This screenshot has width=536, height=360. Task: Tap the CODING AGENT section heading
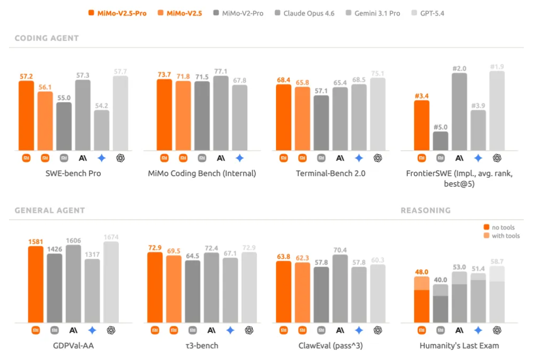point(46,38)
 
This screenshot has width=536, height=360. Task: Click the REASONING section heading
point(426,210)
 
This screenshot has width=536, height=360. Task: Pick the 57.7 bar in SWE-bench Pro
point(120,113)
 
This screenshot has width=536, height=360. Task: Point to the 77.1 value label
point(221,71)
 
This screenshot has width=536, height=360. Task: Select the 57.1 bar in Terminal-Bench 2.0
point(321,122)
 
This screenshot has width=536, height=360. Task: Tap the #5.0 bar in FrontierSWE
point(441,141)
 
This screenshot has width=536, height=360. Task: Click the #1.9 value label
point(497,67)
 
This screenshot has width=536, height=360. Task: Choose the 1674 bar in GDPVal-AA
point(111,282)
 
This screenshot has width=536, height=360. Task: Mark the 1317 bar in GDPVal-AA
point(92,290)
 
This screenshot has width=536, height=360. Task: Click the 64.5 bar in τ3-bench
point(193,291)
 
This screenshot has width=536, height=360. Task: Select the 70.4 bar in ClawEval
point(340,288)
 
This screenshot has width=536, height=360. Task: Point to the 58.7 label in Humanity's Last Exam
point(497,261)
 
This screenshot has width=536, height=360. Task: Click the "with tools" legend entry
point(505,235)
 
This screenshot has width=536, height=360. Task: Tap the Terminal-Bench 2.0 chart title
point(331,173)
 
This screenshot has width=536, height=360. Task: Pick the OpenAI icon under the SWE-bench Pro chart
point(120,158)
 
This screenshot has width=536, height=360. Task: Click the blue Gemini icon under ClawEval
point(359,330)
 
